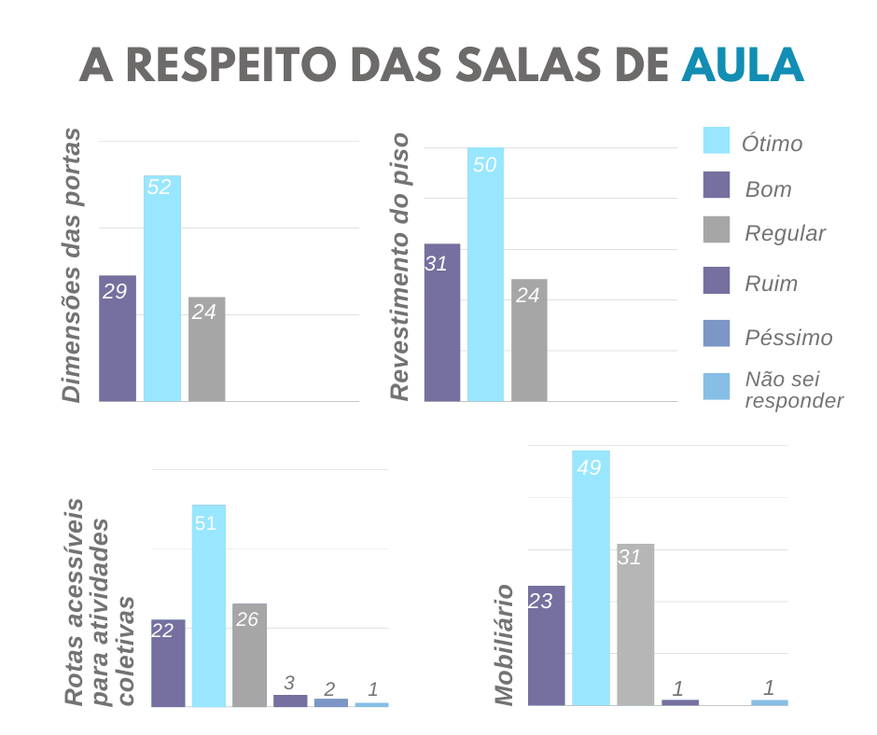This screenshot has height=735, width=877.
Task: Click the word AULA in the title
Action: pos(742,65)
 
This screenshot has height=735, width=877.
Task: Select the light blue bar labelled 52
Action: pos(162,288)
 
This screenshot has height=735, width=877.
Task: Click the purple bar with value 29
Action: pos(118,338)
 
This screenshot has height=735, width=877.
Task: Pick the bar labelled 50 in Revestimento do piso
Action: pos(485,274)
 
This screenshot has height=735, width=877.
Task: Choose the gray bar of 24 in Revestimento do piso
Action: pos(529,340)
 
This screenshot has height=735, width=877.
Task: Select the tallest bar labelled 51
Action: pos(209,605)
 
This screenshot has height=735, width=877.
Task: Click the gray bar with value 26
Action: pos(249,655)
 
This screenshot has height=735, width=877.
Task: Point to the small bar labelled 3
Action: pos(290,700)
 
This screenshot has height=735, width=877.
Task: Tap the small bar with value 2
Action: pos(331,702)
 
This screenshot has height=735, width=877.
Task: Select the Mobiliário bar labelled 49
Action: pos(591,577)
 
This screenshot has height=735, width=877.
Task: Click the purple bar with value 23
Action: pos(547,645)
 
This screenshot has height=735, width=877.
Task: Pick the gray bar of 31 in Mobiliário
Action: pos(635,624)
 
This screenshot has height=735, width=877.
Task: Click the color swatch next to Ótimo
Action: pos(716,140)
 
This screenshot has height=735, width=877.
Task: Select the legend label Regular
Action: pos(785,233)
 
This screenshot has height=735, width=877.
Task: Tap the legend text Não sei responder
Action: pos(793,390)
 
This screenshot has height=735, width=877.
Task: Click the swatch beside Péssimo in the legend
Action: pos(716,333)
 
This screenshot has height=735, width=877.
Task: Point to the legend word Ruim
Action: pos(771,284)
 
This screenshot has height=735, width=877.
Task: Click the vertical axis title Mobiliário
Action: pos(505,644)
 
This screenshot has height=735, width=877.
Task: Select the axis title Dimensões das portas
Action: pos(72,266)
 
